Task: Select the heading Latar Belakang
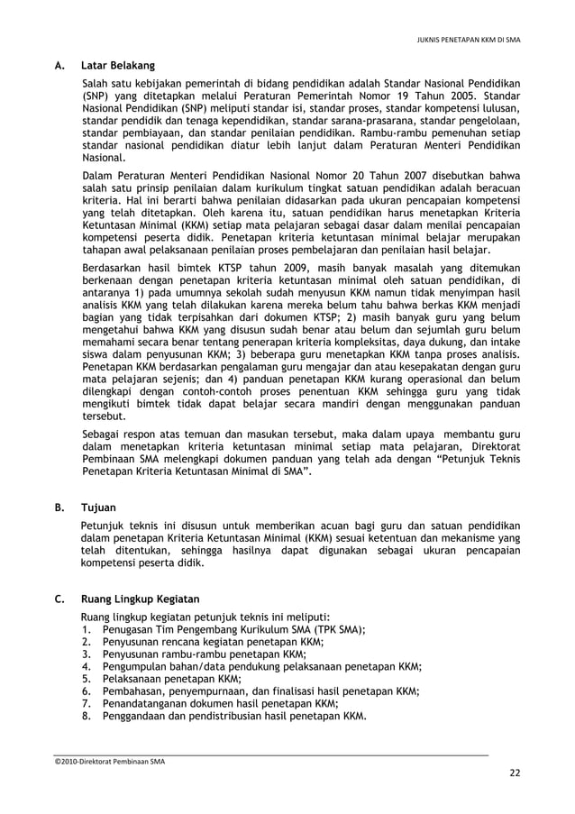pos(117,66)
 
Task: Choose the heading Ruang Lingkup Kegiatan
pos(140,599)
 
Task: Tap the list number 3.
pos(87,654)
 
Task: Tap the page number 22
pos(514,774)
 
